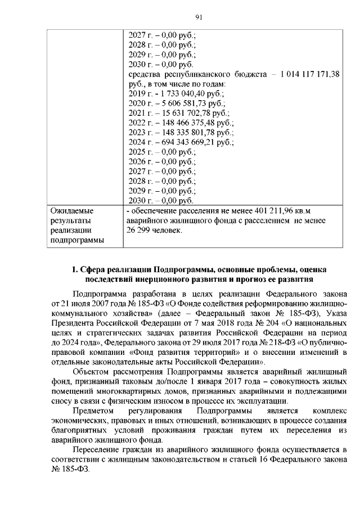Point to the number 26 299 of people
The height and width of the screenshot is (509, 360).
click(x=139, y=231)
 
